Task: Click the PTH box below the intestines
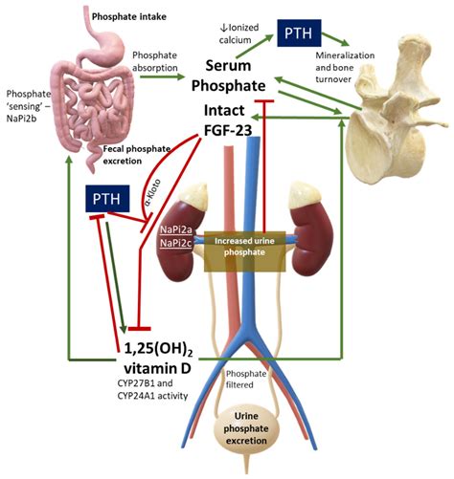point(106,200)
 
